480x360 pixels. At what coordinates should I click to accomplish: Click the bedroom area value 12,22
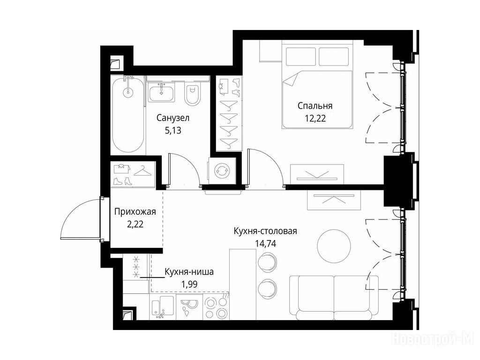315,119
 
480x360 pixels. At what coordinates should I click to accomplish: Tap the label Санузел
173,118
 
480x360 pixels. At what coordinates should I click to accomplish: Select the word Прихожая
135,211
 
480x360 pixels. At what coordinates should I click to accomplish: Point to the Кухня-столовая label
265,231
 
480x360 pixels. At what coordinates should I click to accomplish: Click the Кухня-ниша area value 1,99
189,285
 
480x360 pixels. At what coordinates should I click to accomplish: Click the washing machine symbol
221,171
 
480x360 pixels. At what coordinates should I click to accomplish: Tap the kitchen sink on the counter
162,307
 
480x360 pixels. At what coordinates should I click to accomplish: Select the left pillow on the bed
300,56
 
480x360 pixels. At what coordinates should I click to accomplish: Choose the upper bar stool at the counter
267,262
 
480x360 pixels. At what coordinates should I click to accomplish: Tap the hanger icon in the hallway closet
142,172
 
